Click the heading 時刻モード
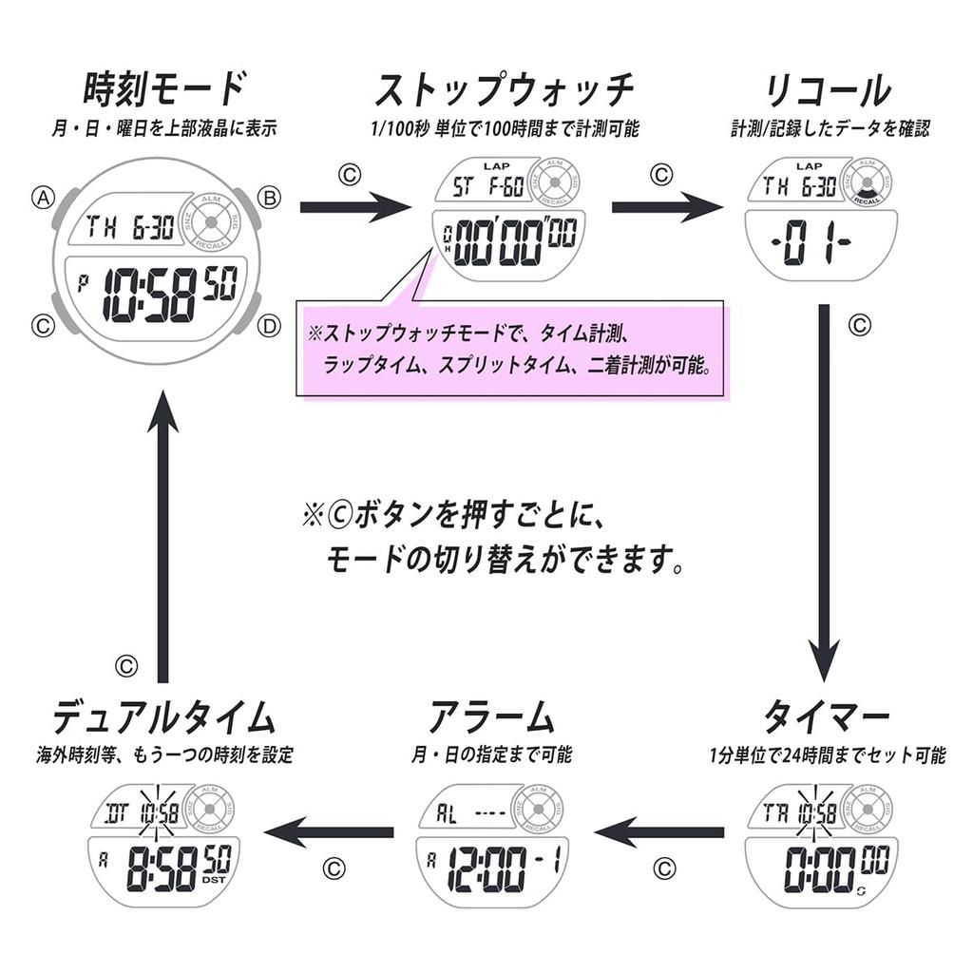click(163, 91)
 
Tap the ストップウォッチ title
click(504, 91)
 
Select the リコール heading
click(828, 91)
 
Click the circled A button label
click(42, 198)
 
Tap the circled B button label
click(270, 198)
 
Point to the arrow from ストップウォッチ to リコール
click(666, 205)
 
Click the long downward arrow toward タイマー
click(825, 494)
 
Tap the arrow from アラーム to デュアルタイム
click(329, 832)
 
